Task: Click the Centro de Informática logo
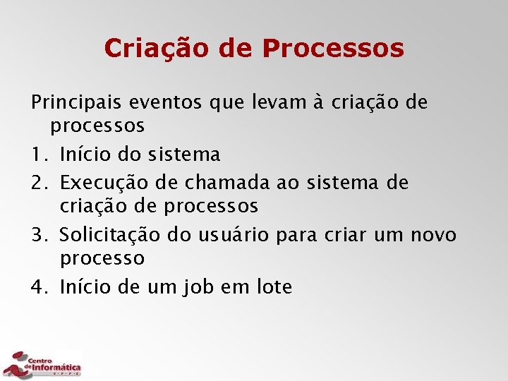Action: pos(42,364)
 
